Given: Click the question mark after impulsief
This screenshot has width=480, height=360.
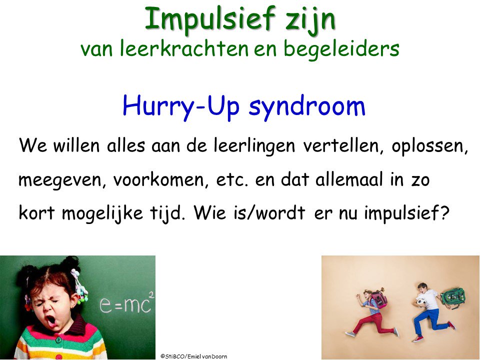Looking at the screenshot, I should click(x=444, y=213).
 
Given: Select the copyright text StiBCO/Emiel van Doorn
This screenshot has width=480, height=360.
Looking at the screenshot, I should click(x=193, y=356).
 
